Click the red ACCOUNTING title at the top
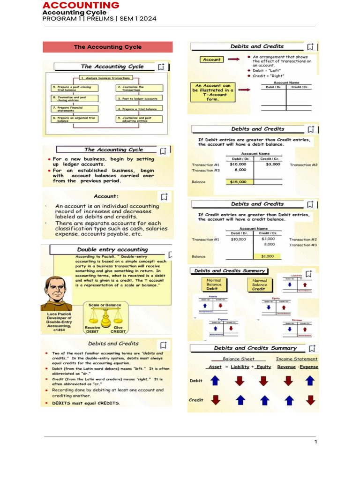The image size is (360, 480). (x=81, y=5)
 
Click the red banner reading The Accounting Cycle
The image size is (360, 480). (x=107, y=47)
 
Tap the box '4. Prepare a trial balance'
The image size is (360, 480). (x=139, y=108)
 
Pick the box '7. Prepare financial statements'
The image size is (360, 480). (x=75, y=108)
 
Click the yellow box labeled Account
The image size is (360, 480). (x=212, y=60)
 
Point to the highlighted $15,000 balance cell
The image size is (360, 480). (x=240, y=181)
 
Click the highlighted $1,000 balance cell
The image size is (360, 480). (x=268, y=256)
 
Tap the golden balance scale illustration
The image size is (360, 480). (x=105, y=317)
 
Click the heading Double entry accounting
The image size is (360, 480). (x=112, y=250)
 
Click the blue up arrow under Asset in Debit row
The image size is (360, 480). (x=215, y=381)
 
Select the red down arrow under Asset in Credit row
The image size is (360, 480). (x=215, y=400)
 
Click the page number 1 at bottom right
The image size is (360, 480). (x=316, y=442)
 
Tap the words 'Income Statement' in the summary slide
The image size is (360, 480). (x=296, y=359)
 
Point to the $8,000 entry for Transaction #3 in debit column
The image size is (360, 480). (x=240, y=170)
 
